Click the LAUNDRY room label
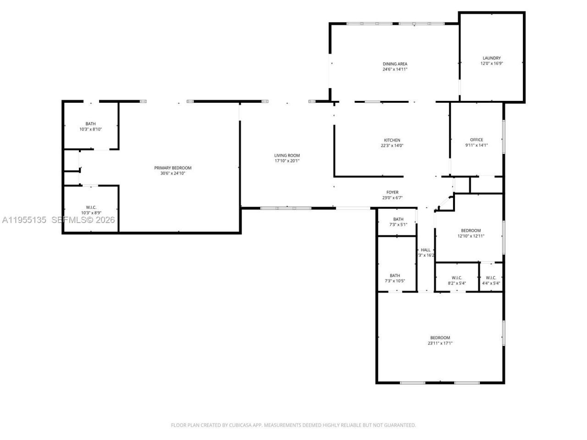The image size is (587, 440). (x=491, y=58)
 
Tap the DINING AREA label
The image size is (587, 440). (x=395, y=64)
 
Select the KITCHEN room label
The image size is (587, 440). (x=392, y=140)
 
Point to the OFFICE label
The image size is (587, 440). (x=476, y=140)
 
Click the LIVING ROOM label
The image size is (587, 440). (x=287, y=155)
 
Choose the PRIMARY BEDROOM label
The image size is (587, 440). (x=172, y=168)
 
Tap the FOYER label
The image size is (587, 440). (x=392, y=192)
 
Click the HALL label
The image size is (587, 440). (x=426, y=250)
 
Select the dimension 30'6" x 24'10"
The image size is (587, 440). (x=172, y=173)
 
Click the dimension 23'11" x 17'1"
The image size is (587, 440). (x=440, y=343)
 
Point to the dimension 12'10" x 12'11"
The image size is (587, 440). (x=471, y=236)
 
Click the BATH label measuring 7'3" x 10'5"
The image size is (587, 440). (x=395, y=275)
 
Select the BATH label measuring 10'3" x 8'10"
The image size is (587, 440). (x=90, y=124)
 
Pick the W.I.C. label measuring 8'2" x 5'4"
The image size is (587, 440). (x=457, y=278)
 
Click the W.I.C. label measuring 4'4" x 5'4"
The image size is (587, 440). (x=491, y=278)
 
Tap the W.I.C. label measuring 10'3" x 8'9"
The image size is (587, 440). (x=91, y=208)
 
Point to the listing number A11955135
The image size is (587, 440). (x=24, y=220)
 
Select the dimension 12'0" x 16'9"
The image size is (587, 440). (x=492, y=64)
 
